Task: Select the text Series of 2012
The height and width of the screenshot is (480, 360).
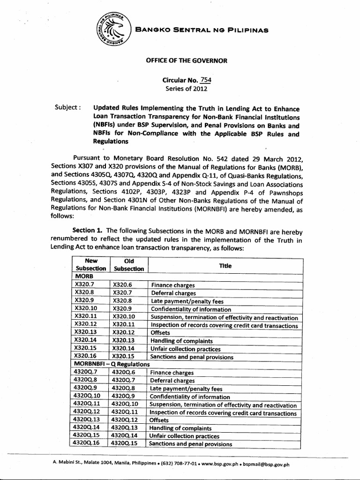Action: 185,88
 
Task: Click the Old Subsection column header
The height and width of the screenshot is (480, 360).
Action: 128,264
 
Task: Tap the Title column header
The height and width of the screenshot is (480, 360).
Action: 225,265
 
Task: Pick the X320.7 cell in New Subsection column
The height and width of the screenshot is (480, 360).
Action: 84,285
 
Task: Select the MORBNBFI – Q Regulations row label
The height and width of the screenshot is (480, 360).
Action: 112,364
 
